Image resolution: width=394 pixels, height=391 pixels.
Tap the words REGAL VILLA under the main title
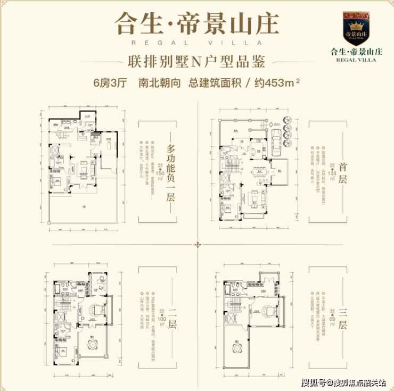pyautogui.click(x=189, y=41)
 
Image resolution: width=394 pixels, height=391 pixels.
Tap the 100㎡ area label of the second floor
pyautogui.click(x=160, y=318)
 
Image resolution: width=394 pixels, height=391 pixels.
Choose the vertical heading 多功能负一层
pyautogui.click(x=171, y=171)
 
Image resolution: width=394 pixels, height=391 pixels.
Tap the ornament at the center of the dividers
pyautogui.click(x=198, y=244)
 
